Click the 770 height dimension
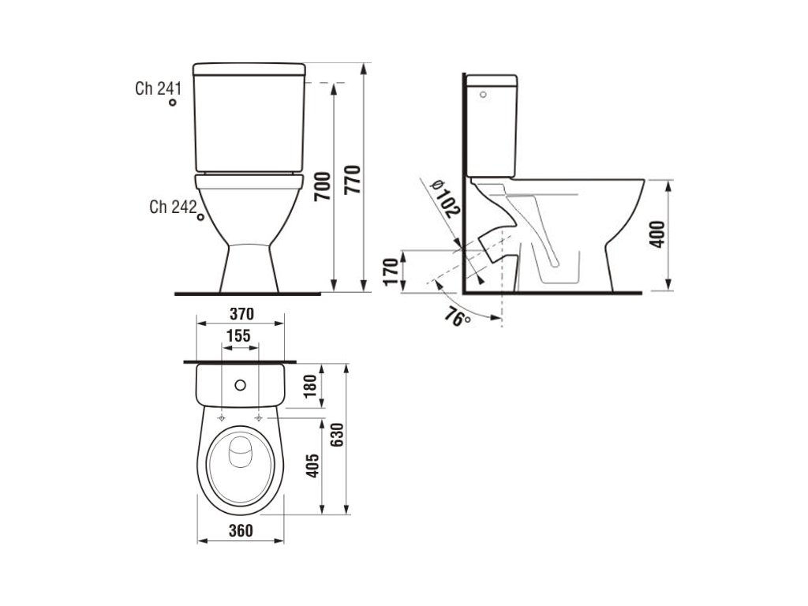click(353, 179)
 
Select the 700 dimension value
click(322, 186)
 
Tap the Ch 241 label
click(158, 88)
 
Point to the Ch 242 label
click(173, 207)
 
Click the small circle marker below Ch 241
click(173, 102)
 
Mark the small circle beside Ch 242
click(200, 217)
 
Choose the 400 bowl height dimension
click(657, 234)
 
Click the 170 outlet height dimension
click(391, 271)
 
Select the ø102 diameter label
click(445, 198)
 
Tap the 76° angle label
click(458, 316)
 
